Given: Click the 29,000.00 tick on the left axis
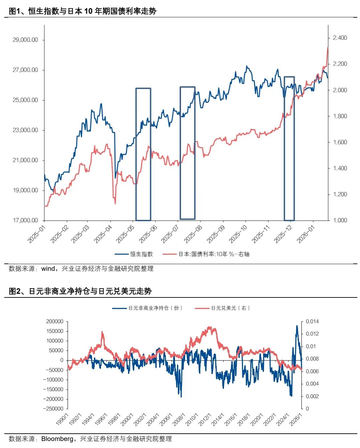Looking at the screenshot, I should pyautogui.click(x=25, y=40).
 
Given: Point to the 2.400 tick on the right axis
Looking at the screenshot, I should pyautogui.click(x=340, y=38).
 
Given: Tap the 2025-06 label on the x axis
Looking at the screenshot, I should pyautogui.click(x=148, y=234).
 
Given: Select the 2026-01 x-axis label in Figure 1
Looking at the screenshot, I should pyautogui.click(x=306, y=234).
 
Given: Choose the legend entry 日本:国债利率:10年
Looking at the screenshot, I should pyautogui.click(x=214, y=254).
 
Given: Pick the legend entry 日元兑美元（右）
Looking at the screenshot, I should pyautogui.click(x=230, y=308).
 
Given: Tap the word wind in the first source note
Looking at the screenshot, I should pyautogui.click(x=48, y=269).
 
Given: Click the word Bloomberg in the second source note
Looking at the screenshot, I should pyautogui.click(x=57, y=439).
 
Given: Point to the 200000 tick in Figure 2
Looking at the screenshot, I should pyautogui.click(x=55, y=321).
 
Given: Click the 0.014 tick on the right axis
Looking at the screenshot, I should pyautogui.click(x=312, y=321).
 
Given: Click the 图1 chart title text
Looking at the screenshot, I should pyautogui.click(x=82, y=11).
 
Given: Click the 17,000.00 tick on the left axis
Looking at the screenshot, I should pyautogui.click(x=25, y=221).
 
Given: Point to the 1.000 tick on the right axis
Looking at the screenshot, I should pyautogui.click(x=340, y=221).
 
